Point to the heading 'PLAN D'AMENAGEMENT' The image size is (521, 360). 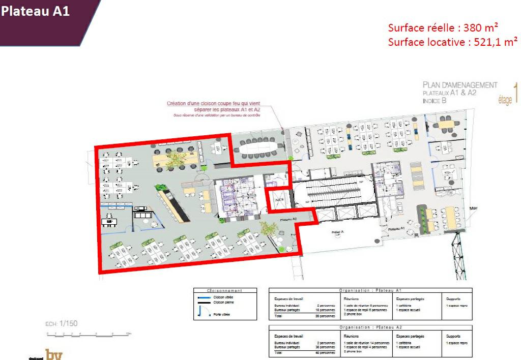pyautogui.click(x=459, y=85)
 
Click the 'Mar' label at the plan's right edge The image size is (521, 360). pyautogui.click(x=473, y=207)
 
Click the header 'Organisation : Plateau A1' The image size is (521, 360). pyautogui.click(x=370, y=290)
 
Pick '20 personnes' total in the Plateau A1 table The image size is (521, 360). pyautogui.click(x=324, y=315)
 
